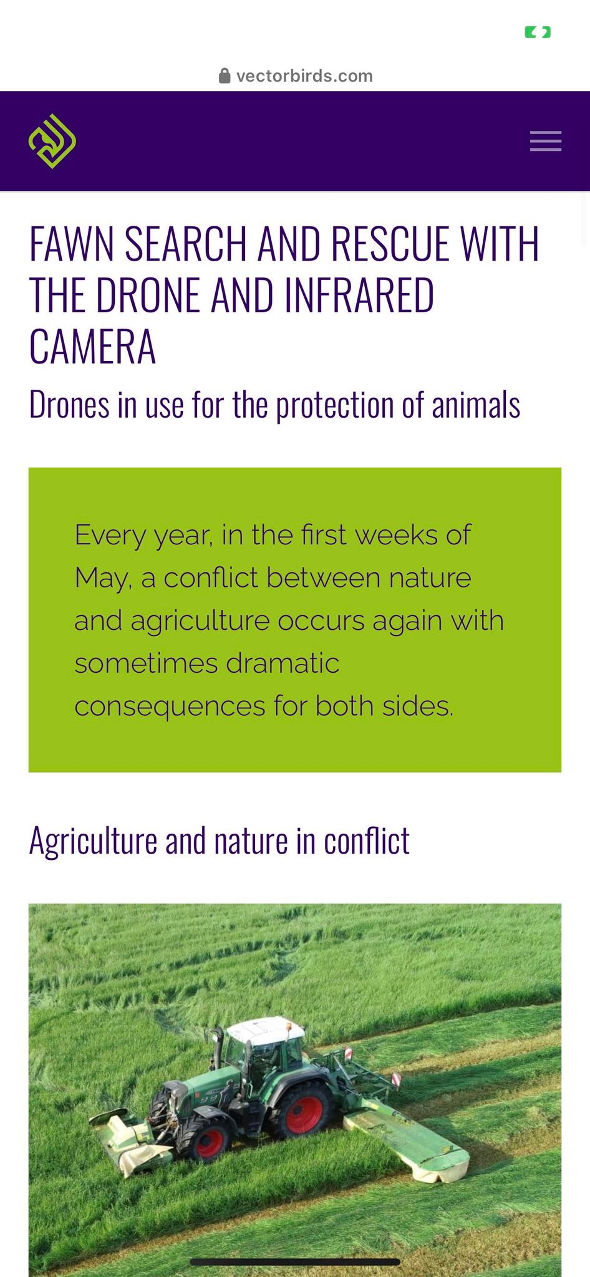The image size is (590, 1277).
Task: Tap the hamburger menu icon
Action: click(x=546, y=141)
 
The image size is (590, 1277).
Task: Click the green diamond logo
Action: click(x=52, y=141)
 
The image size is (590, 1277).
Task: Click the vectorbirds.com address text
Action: click(x=304, y=76)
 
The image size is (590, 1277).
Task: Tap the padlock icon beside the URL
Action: click(x=225, y=76)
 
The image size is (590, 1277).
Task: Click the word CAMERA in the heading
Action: click(x=92, y=347)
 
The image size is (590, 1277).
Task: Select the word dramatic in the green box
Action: click(x=283, y=663)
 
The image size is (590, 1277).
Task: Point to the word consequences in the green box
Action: click(x=170, y=706)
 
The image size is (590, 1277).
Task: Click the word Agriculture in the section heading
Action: click(x=93, y=841)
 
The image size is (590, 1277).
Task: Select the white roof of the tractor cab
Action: click(x=266, y=1030)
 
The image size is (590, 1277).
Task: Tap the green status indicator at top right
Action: click(x=538, y=32)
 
